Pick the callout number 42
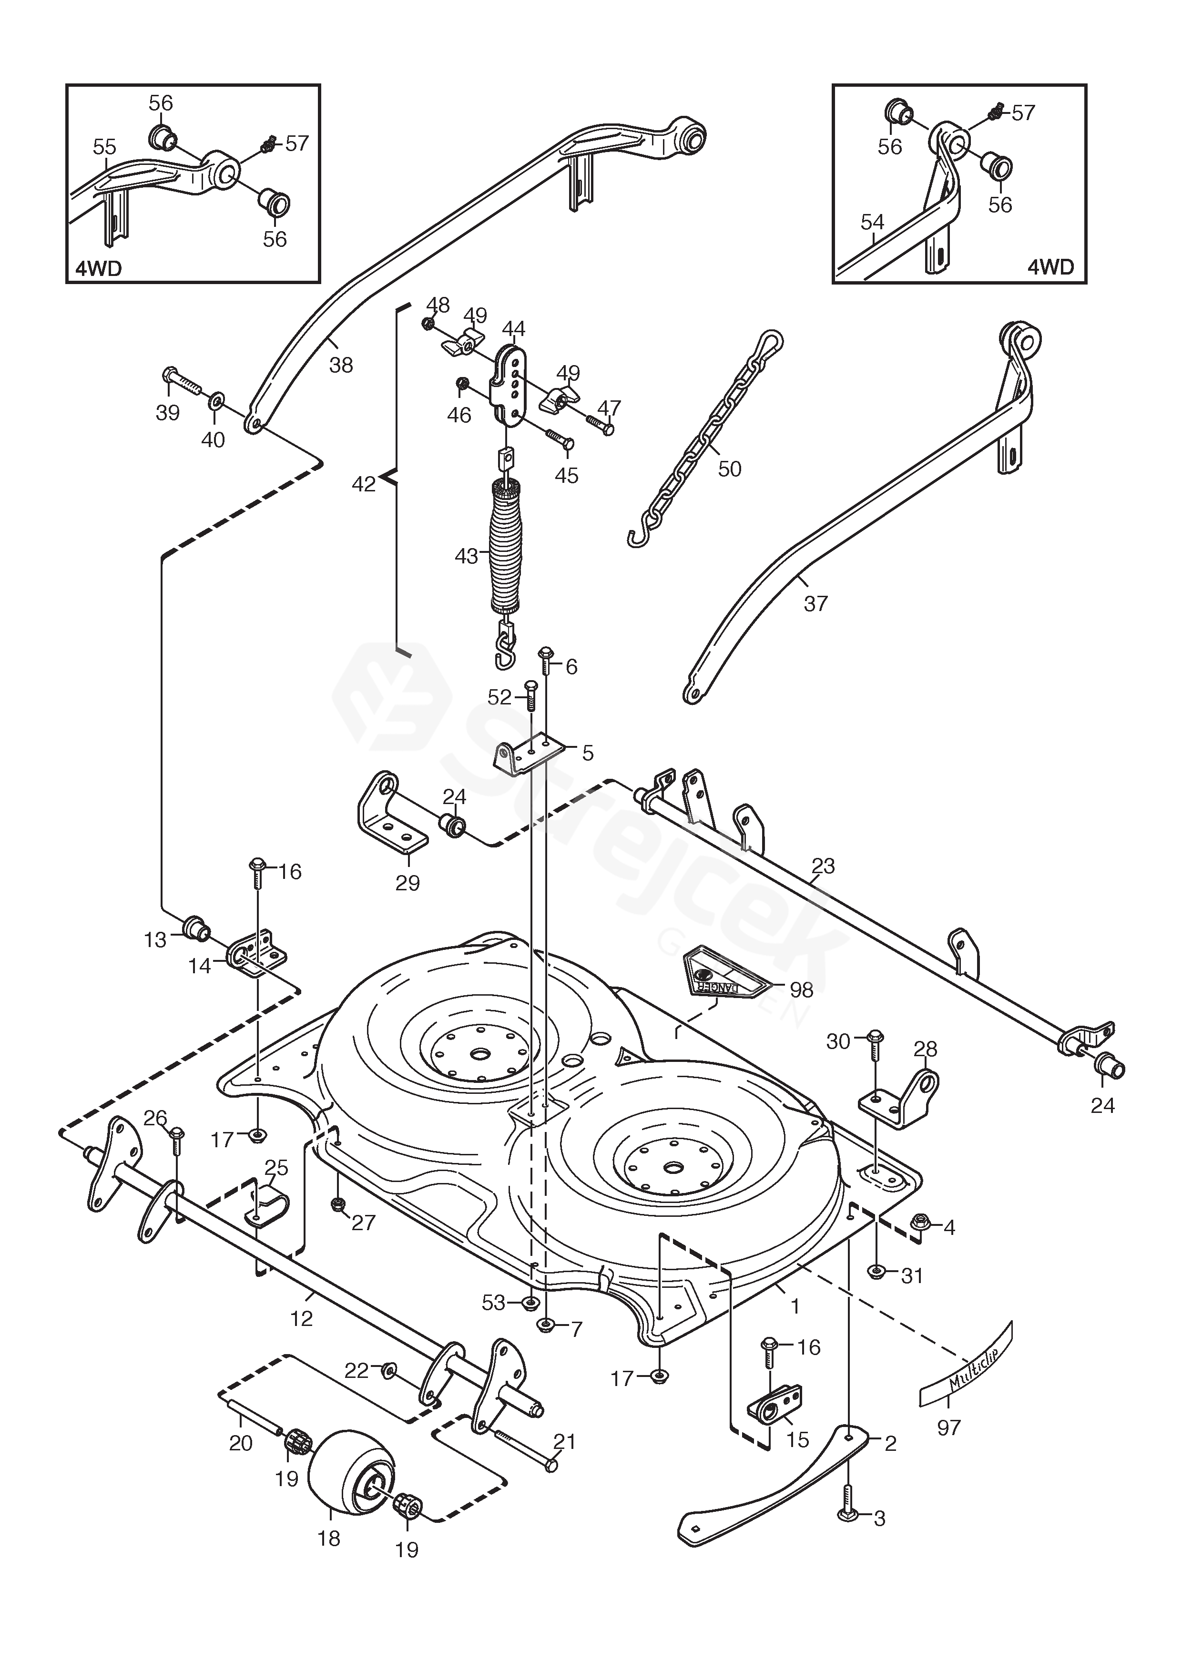[x=363, y=484]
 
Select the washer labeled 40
[x=216, y=401]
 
